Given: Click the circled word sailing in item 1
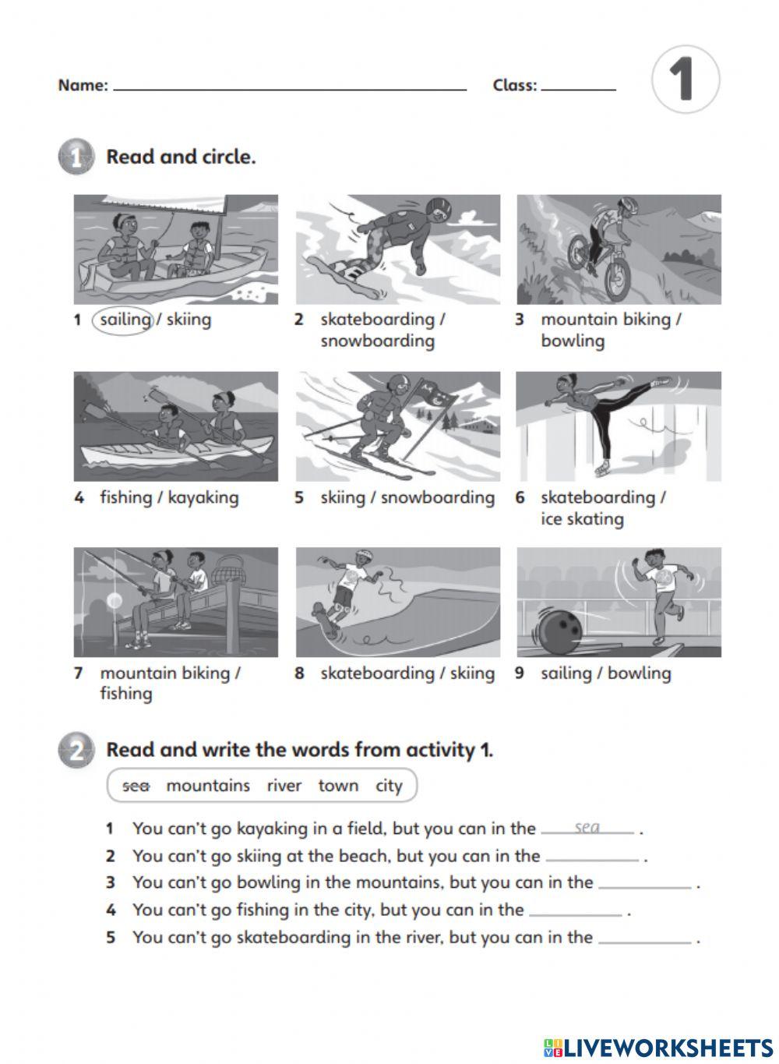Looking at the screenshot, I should tap(125, 320).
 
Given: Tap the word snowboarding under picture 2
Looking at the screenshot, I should tap(377, 341).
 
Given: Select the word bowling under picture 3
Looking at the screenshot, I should tap(573, 341).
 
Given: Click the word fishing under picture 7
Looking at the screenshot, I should tap(126, 694).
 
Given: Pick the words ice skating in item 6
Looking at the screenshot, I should tap(582, 519).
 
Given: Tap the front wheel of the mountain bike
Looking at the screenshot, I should tap(615, 280).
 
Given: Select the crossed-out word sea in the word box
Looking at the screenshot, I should tap(136, 786).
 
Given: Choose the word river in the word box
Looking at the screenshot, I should tap(284, 786).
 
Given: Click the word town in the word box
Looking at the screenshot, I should tap(338, 786).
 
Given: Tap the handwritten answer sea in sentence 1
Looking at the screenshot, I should tap(587, 827).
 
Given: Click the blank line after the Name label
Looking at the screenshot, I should tap(290, 88).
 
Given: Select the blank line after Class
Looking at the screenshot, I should tap(578, 88).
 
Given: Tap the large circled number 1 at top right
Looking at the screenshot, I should tap(685, 79).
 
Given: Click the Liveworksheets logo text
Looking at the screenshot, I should tap(667, 1047).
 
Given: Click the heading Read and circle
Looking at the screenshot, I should tap(181, 157).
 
